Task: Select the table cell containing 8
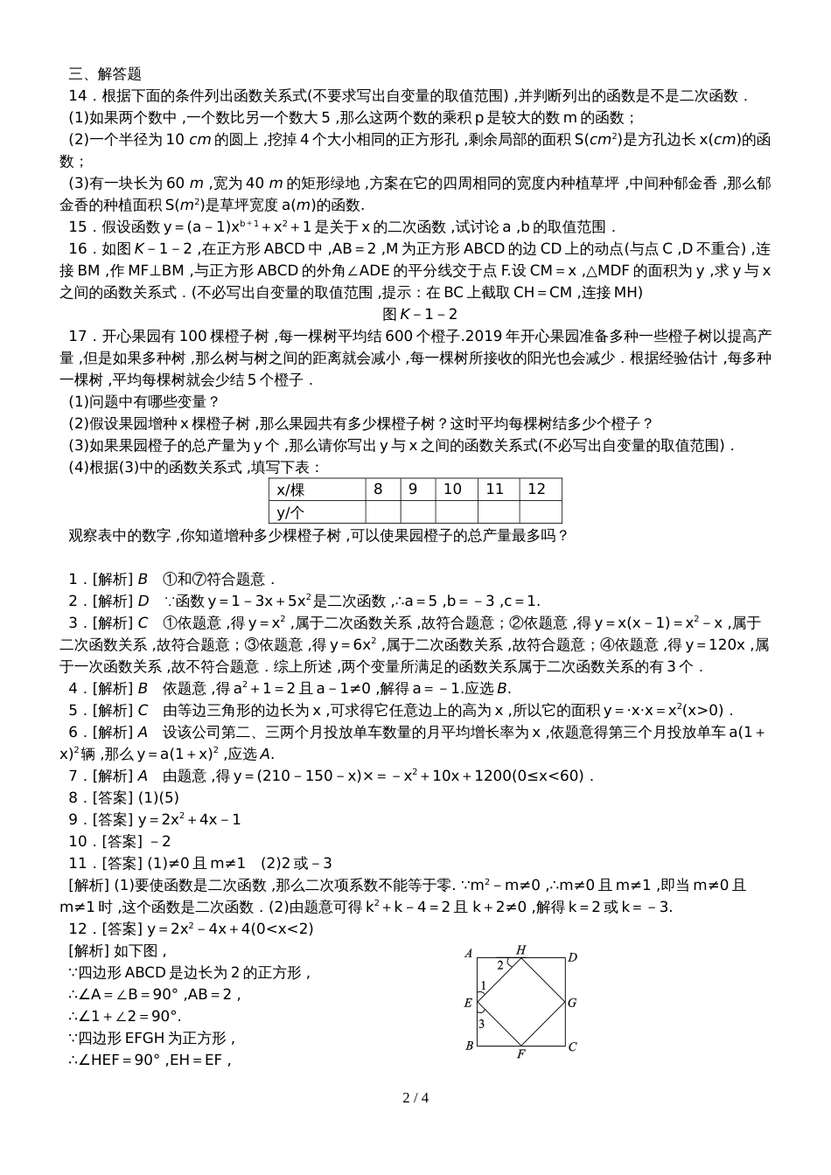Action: [x=378, y=490]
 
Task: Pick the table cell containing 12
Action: [x=537, y=490]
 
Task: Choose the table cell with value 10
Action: [x=452, y=490]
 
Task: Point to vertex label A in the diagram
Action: [x=469, y=954]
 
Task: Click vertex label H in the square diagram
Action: [x=520, y=949]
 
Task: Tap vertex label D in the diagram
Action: [x=572, y=957]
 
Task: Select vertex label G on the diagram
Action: [x=572, y=1003]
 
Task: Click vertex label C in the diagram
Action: [x=572, y=1046]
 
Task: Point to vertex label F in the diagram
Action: [x=520, y=1054]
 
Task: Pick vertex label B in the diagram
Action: [x=469, y=1046]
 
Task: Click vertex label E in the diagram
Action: [x=468, y=1003]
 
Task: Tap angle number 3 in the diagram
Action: [x=481, y=1023]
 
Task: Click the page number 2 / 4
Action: [x=415, y=1098]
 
